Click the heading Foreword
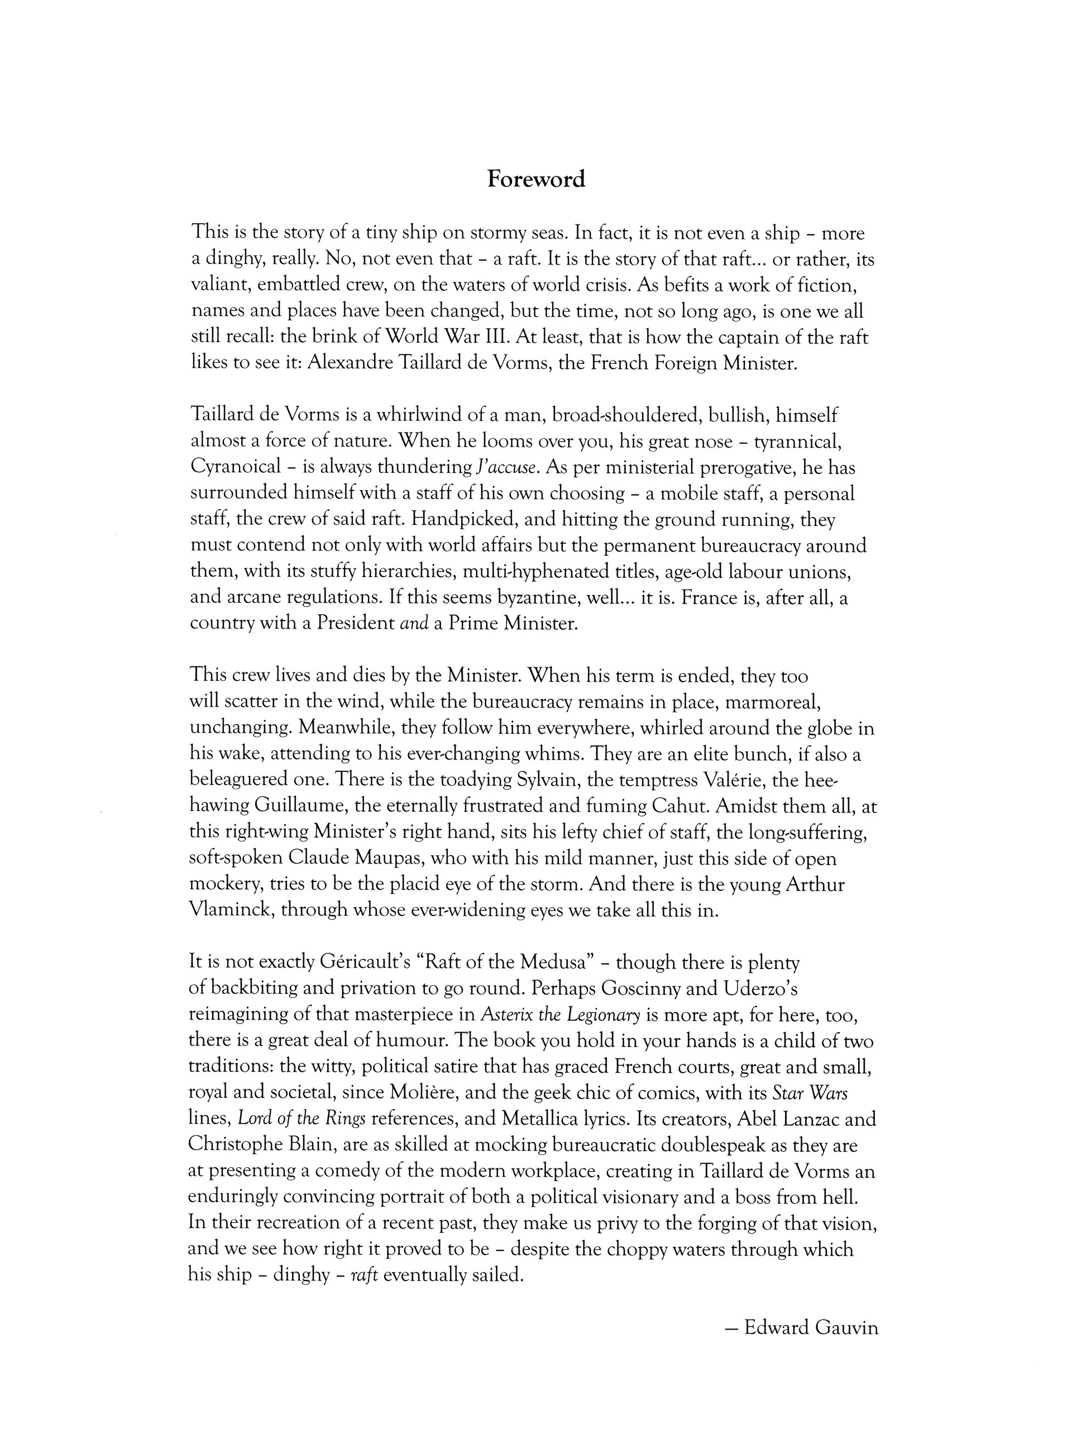[536, 179]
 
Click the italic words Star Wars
[810, 1093]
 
